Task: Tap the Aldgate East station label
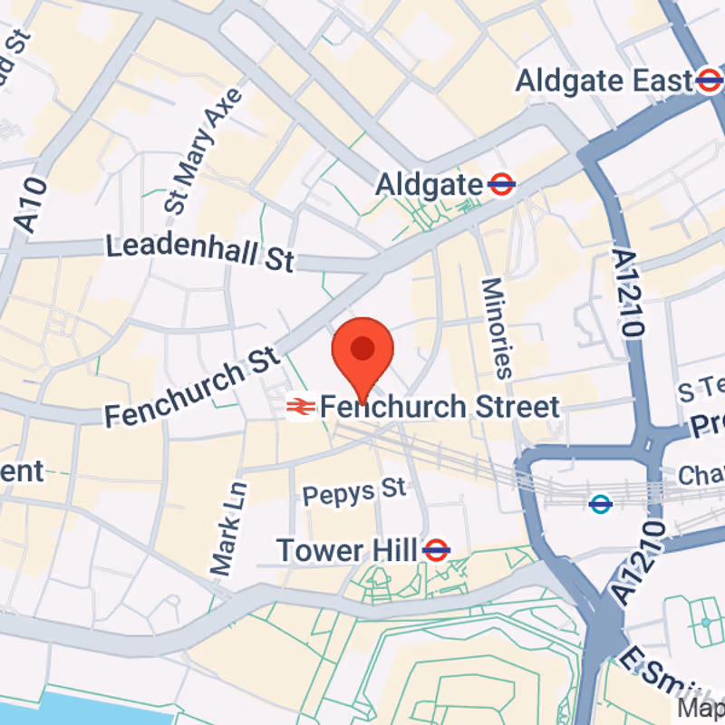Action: coord(604,82)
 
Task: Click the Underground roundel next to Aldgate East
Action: coord(710,82)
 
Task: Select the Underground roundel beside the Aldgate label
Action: coord(501,186)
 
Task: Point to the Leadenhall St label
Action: coord(200,251)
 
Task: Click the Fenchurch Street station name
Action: coord(440,407)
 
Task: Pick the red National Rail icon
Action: coord(299,408)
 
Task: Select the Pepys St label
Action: coord(354,492)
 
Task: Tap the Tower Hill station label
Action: coord(346,549)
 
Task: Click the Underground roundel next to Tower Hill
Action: coord(437,549)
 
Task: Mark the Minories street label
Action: coord(496,327)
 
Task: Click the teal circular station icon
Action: coord(600,504)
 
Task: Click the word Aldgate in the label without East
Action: coord(430,186)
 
